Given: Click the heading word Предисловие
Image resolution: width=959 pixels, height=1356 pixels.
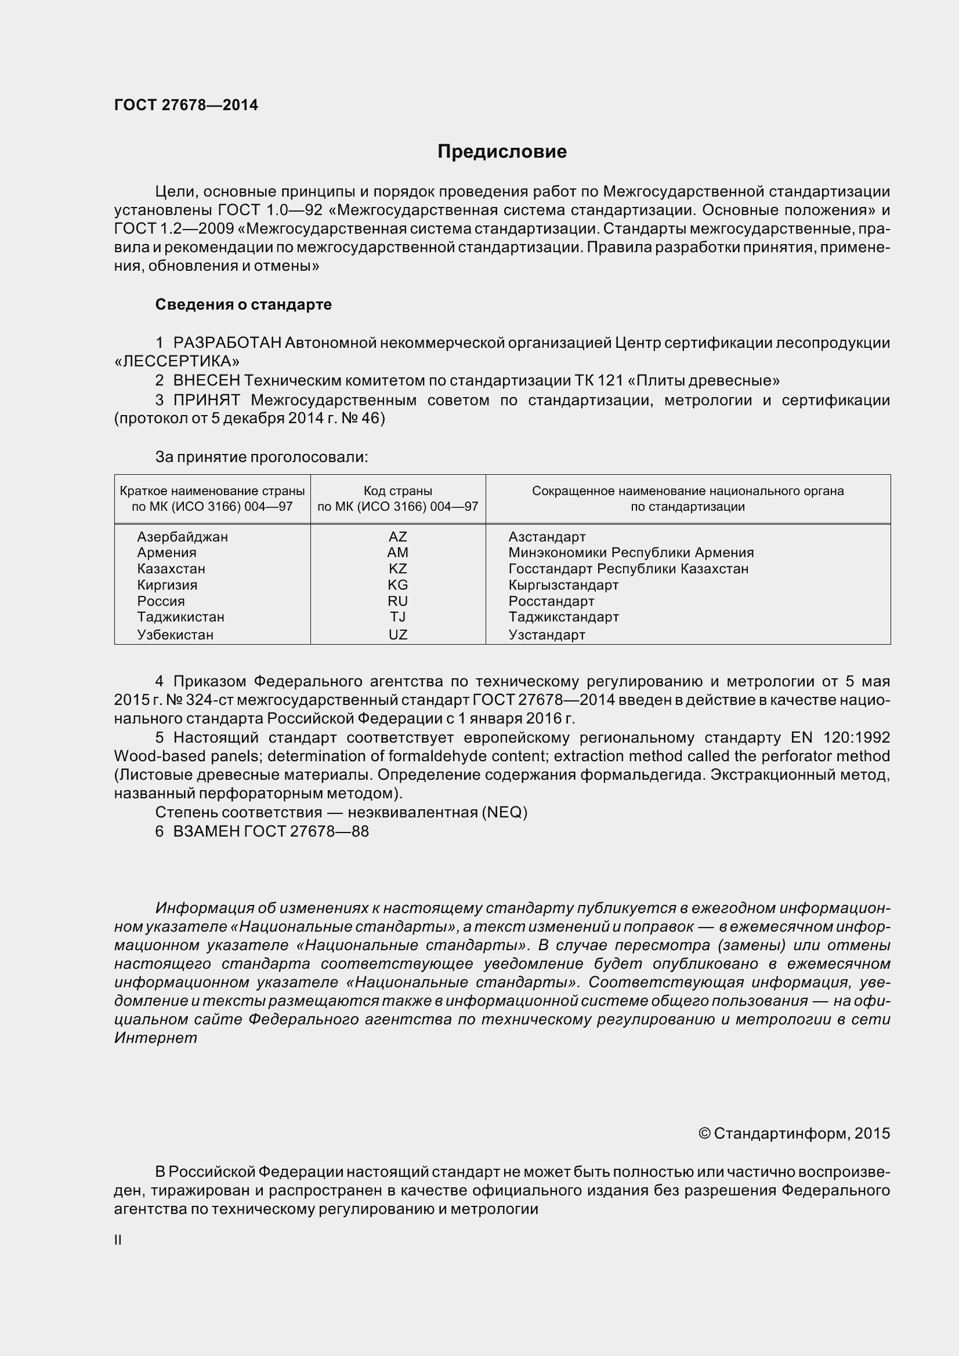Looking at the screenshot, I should click(x=502, y=152).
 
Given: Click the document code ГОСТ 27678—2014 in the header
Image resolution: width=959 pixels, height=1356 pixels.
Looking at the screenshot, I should click(x=186, y=105).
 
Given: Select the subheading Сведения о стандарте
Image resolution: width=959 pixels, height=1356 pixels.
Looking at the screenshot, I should click(x=243, y=305).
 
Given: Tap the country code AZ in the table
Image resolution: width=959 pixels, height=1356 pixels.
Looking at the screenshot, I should click(x=397, y=537).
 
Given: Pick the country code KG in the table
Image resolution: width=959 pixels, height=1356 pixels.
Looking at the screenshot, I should click(x=397, y=585).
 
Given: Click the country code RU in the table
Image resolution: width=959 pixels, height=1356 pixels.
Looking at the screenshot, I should click(x=397, y=601).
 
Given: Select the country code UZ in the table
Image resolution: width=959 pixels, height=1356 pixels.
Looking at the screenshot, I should click(x=397, y=635).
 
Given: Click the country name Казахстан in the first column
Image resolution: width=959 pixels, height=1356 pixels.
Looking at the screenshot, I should click(x=171, y=569).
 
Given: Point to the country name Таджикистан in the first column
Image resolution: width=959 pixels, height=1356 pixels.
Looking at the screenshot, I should click(x=180, y=617).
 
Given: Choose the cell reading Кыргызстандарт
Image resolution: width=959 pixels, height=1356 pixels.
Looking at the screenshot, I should click(x=563, y=586).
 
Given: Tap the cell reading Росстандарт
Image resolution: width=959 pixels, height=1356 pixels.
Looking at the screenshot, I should click(x=551, y=601).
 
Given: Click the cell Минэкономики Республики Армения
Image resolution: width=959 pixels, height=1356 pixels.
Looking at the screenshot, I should click(x=631, y=553).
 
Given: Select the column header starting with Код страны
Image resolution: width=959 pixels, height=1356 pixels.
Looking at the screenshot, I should click(x=397, y=499).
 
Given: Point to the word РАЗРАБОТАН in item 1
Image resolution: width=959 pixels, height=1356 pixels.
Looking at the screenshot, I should click(x=227, y=343).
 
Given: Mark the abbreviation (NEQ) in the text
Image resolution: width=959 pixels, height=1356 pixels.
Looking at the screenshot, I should click(x=504, y=813).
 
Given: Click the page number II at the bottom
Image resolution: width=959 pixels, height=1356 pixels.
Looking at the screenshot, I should click(x=118, y=1240).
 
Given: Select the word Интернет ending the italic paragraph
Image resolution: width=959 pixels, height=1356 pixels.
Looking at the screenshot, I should click(x=155, y=1038).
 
